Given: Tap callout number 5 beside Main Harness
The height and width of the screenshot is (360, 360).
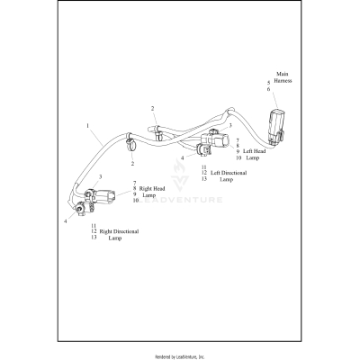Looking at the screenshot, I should point(268,82).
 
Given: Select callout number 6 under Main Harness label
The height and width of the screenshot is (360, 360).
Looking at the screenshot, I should point(268,89).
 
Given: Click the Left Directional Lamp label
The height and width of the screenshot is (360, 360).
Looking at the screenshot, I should point(229,174).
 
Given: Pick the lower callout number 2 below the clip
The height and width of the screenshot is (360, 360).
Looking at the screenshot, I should point(132,164).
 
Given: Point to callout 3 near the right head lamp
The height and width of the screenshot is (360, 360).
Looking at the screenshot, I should point(100,177).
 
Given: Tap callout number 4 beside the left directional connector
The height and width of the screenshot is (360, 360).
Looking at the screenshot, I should point(182,158).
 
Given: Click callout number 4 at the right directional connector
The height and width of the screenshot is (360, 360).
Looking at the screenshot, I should point(65,220).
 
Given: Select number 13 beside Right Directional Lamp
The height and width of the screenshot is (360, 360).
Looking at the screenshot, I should point(94,238).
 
